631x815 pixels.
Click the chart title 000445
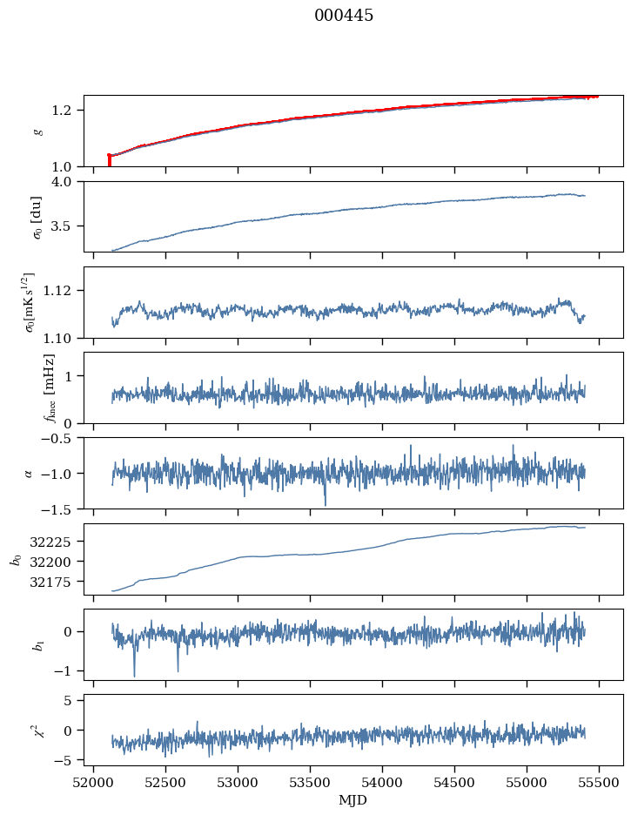(344, 16)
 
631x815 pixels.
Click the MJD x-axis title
(352, 800)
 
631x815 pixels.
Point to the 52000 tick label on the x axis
(94, 783)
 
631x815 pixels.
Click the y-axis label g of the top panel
(37, 131)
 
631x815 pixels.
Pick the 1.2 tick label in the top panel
(67, 110)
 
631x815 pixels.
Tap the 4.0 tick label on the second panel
(67, 181)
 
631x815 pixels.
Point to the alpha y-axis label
(30, 473)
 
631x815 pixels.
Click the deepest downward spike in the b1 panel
(134, 676)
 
